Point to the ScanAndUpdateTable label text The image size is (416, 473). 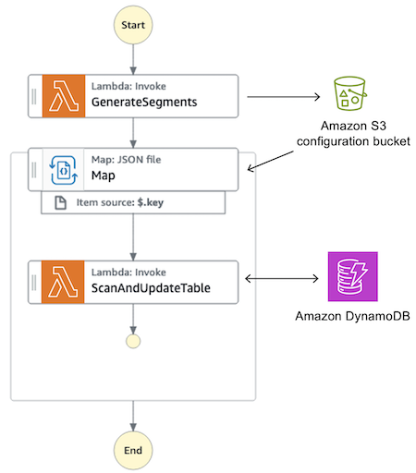[152, 287]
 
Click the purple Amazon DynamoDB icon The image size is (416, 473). [351, 276]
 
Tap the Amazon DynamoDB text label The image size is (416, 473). [351, 317]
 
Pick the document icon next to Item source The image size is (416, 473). [59, 203]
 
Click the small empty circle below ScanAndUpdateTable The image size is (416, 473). [134, 341]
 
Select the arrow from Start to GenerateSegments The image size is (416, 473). [134, 58]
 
